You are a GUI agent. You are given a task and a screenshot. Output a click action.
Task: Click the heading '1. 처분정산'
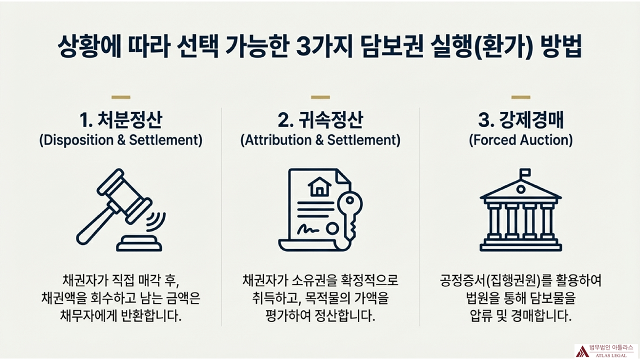click(120, 120)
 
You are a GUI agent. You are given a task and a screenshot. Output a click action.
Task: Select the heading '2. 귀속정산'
click(320, 120)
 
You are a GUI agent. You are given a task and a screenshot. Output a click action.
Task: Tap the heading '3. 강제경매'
click(520, 120)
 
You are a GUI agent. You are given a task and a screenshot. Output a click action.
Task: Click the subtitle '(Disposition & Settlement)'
click(120, 140)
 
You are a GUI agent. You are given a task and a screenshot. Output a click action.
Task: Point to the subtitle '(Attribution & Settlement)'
click(320, 140)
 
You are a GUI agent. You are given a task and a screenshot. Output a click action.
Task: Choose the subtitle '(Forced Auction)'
click(520, 140)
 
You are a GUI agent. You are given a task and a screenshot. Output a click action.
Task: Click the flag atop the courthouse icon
click(524, 173)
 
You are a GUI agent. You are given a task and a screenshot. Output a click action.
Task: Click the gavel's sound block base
click(138, 245)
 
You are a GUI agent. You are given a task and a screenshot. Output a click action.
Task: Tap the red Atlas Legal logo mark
click(581, 350)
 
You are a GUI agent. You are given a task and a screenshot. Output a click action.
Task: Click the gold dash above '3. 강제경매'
click(520, 97)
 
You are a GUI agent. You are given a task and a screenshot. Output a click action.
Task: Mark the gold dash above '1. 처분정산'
click(120, 97)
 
